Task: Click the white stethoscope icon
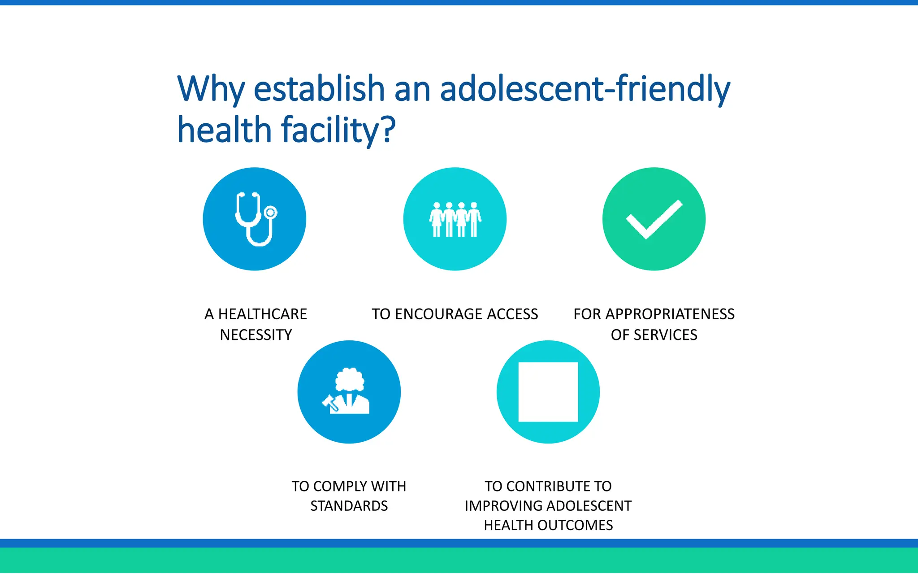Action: [x=255, y=219]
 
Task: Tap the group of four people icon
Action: [x=455, y=219]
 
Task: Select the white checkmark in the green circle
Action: [x=654, y=219]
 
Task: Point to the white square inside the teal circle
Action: [x=548, y=392]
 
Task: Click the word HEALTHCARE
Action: [x=263, y=314]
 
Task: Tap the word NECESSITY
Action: [x=256, y=335]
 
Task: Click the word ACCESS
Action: [x=512, y=314]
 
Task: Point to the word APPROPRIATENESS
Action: [x=670, y=314]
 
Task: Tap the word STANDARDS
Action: [x=349, y=506]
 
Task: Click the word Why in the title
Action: [x=211, y=89]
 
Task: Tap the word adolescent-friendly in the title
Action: [x=585, y=88]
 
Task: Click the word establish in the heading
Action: [x=319, y=88]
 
